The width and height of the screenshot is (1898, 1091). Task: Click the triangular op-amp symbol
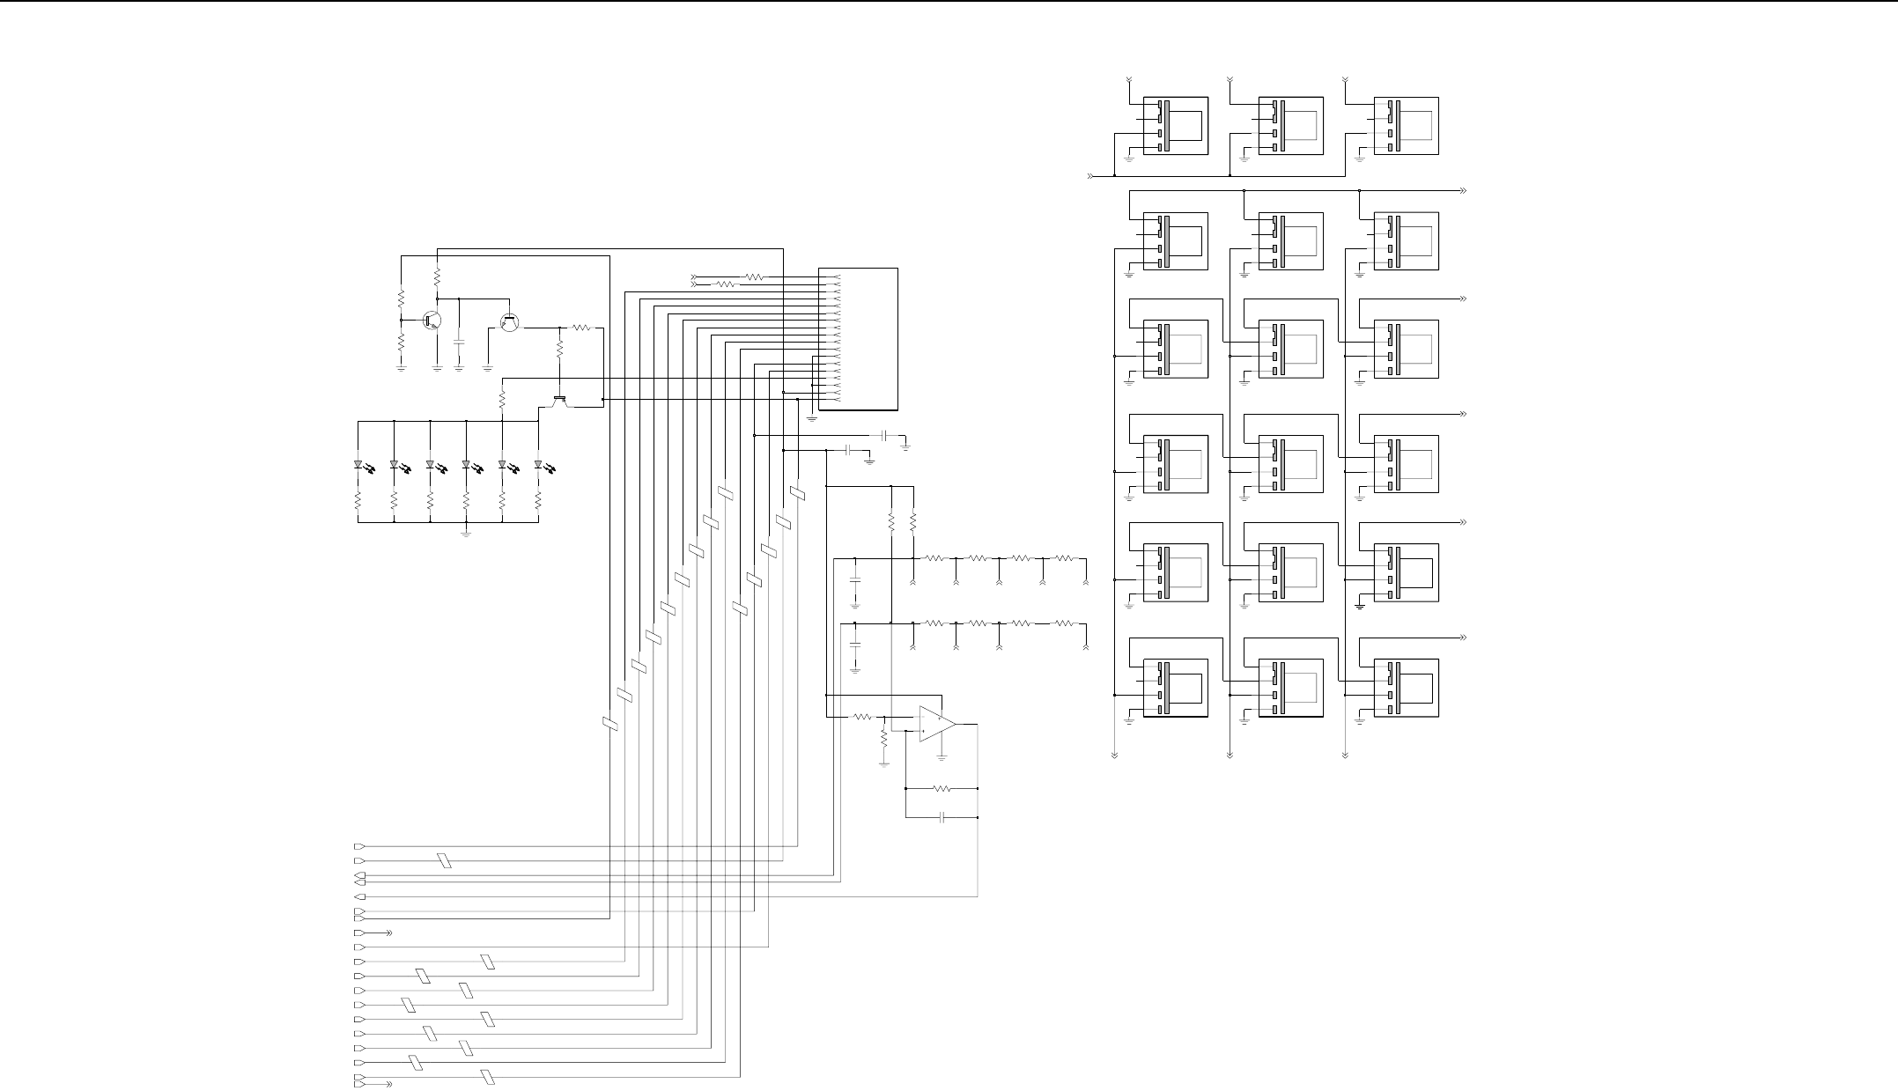pos(936,723)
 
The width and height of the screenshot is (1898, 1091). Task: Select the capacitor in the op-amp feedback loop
pos(942,817)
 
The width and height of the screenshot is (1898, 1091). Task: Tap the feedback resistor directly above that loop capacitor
pos(942,788)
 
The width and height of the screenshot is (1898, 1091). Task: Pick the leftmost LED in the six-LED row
pos(358,464)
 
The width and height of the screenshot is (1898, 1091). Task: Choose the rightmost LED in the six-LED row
pos(538,464)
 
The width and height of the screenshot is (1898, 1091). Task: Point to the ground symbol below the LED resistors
pos(466,533)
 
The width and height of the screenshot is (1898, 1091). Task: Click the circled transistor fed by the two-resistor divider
pos(432,321)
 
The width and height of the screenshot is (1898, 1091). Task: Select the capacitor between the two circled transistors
pos(458,339)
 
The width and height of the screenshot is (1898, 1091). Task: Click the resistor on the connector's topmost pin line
pos(755,277)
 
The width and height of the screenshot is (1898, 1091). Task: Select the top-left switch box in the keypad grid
pos(1175,126)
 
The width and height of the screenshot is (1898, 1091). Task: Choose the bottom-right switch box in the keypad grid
pos(1406,688)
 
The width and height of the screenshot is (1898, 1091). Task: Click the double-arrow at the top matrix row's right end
pos(1463,190)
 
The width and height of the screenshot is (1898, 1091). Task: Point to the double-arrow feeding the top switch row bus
pos(1092,176)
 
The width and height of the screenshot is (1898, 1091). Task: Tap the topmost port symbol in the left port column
pos(358,846)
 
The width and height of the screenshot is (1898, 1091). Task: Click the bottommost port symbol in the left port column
pos(358,1085)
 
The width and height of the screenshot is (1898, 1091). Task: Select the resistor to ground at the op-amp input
pos(883,741)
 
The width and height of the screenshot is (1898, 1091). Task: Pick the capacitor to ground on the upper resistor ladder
pos(854,582)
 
